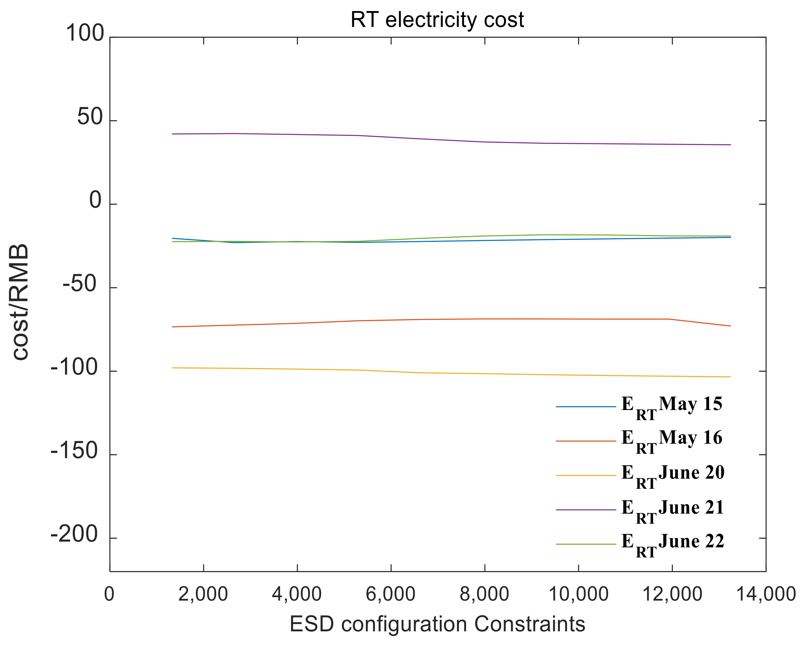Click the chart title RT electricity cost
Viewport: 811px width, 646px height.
437,20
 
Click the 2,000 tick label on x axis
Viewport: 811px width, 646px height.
203,594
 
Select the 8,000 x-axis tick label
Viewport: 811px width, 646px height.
484,594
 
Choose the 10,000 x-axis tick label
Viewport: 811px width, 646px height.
578,594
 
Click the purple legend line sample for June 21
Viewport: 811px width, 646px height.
586,510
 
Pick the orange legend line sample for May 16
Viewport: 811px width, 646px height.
586,441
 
